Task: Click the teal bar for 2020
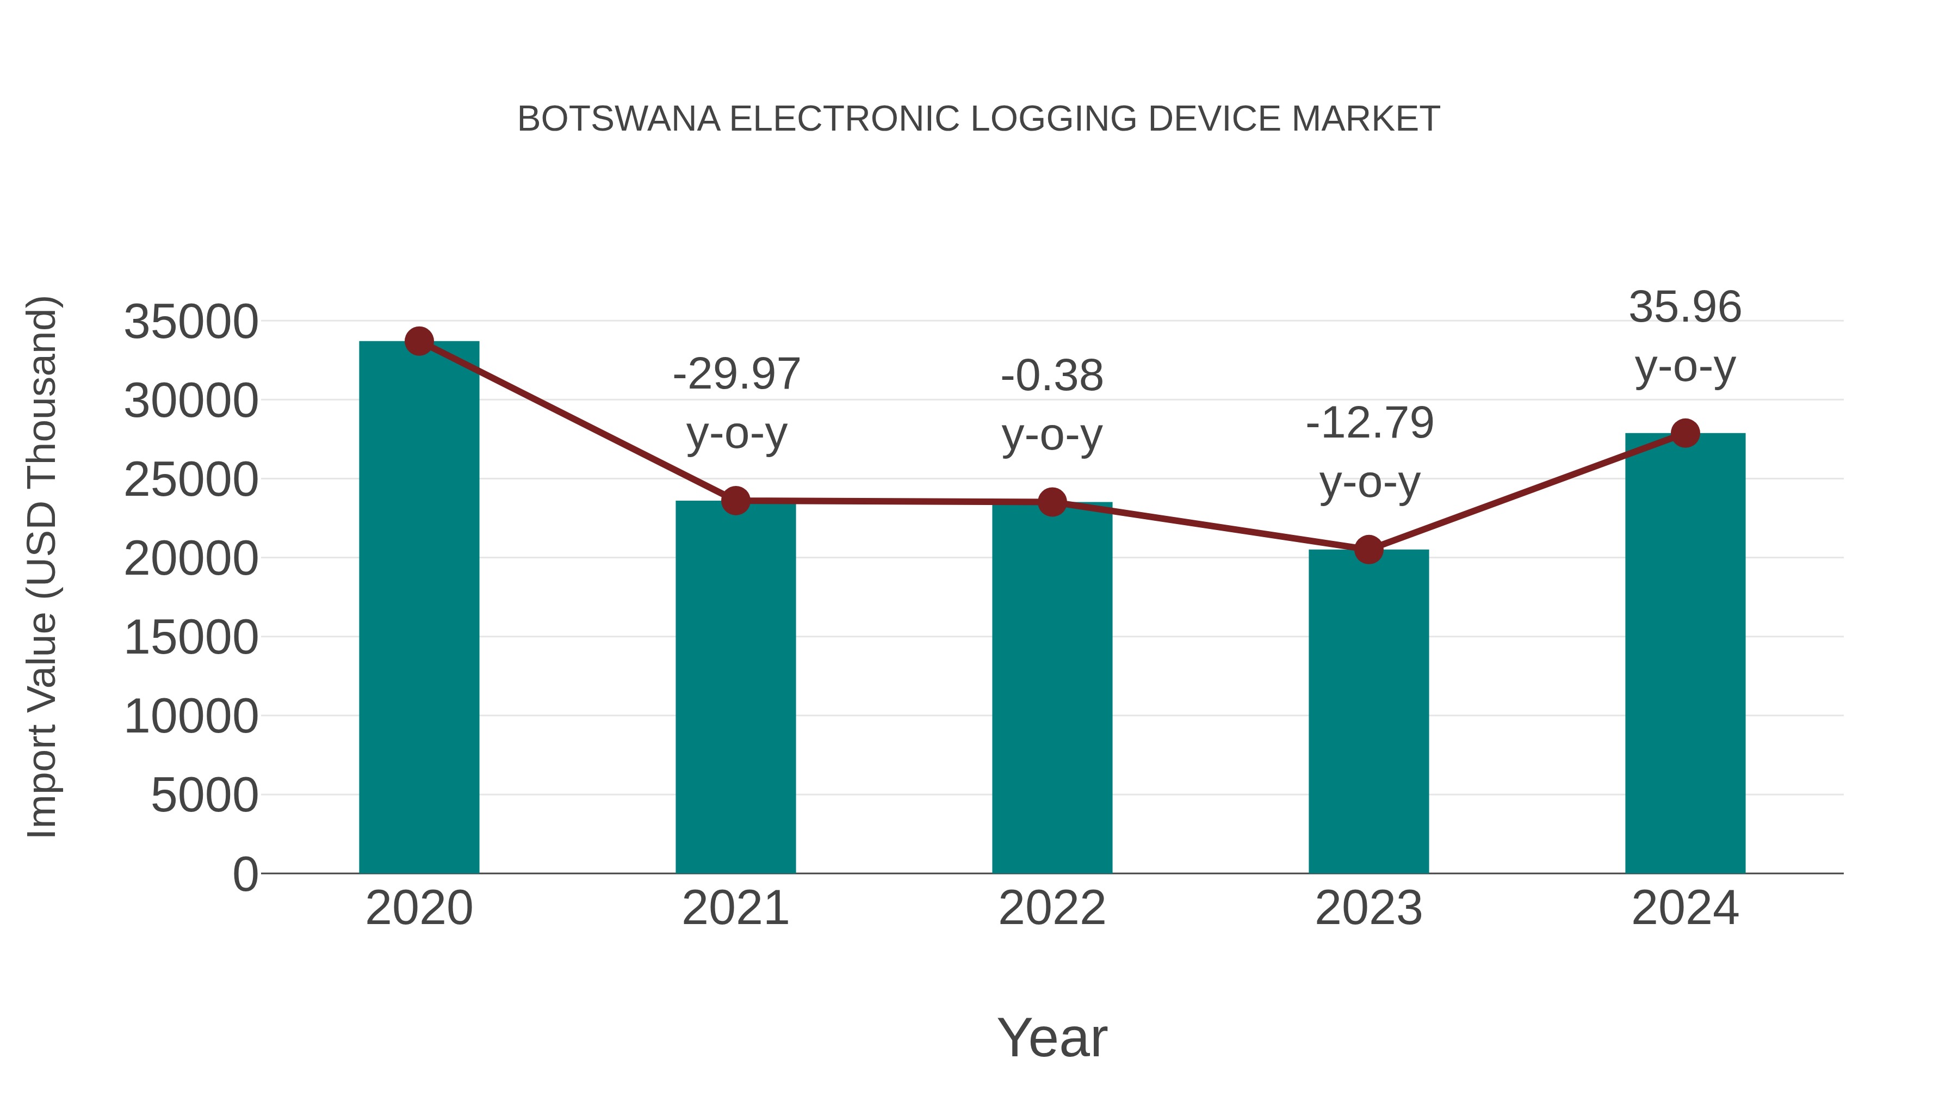pos(419,608)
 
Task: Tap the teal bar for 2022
pos(1052,688)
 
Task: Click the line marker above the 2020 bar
pos(419,341)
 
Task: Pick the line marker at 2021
pos(736,501)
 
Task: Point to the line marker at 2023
pos(1368,549)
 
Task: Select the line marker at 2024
pos(1685,433)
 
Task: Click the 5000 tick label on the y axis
pos(205,796)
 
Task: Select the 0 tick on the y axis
pos(245,875)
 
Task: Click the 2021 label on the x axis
pos(736,908)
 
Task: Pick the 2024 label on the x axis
pos(1685,908)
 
